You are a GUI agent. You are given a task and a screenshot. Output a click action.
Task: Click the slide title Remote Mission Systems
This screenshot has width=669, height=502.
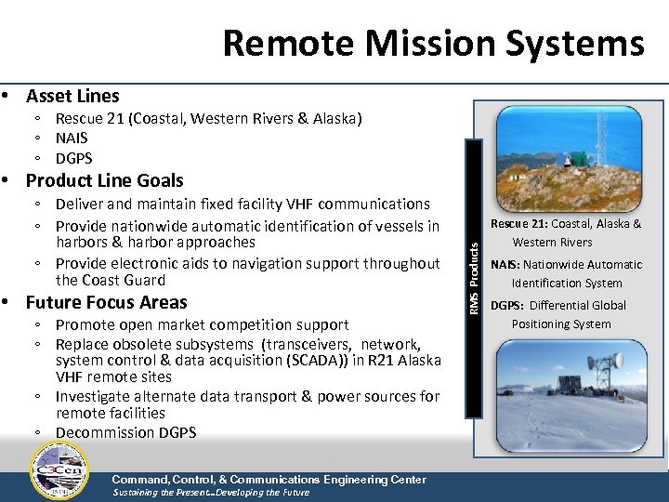[x=433, y=43]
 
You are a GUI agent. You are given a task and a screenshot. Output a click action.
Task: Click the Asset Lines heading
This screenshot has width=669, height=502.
[x=72, y=96]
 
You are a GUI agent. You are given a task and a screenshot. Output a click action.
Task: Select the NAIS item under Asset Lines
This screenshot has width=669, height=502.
[x=72, y=139]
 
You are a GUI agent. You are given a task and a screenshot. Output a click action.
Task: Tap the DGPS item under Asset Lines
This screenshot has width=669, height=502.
[x=73, y=158]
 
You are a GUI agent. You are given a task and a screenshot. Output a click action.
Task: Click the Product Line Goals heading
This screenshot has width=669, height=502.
[x=104, y=180]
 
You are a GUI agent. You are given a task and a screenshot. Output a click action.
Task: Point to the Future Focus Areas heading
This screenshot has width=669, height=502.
[x=106, y=302]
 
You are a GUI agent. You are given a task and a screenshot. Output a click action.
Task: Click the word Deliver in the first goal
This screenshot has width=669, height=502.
[x=82, y=205]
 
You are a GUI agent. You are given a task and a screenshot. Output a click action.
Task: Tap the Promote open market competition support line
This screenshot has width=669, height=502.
[x=202, y=324]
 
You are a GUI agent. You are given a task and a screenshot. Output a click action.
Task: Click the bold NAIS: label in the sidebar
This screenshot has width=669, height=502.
[x=506, y=265]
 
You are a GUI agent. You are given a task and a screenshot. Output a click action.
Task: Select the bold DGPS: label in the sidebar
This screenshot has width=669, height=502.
[x=508, y=306]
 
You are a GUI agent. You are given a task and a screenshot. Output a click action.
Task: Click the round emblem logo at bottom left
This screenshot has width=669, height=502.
[x=59, y=470]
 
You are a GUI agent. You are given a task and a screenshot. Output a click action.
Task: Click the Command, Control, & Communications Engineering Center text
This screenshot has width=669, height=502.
[x=269, y=480]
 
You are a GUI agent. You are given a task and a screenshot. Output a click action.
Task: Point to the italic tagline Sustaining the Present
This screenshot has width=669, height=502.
[x=164, y=493]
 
